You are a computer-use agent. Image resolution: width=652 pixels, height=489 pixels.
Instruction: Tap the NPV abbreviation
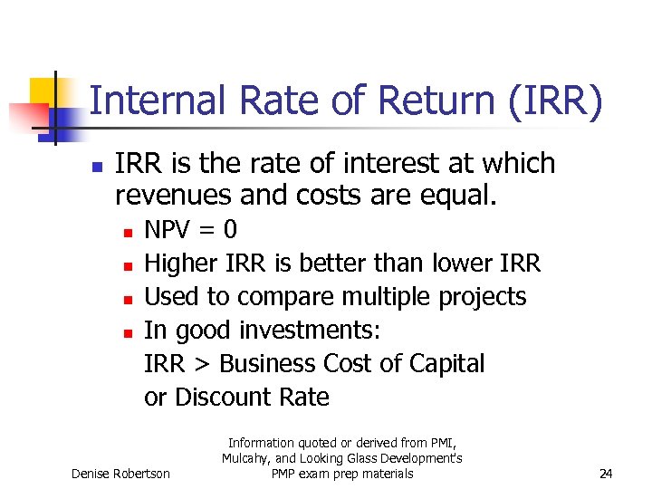[x=171, y=230]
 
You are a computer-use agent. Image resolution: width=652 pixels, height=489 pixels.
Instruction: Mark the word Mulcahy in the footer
[x=246, y=458]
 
